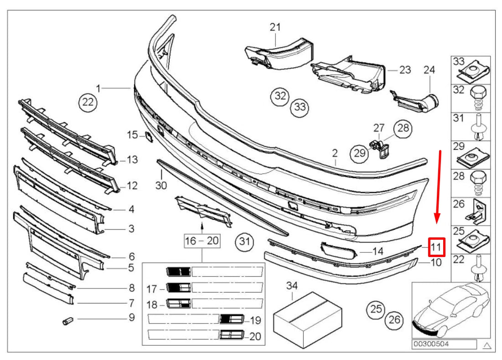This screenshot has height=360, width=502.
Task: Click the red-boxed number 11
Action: pos(436,247)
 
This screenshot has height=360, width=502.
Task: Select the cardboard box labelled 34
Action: pos(308,319)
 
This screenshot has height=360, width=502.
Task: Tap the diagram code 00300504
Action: pos(430,345)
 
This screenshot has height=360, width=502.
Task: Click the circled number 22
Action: pos(88,103)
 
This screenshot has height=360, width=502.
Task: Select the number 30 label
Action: pos(161,185)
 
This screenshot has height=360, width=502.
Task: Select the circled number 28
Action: pos(403,129)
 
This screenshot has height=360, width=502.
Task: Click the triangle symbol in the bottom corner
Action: pos(487,345)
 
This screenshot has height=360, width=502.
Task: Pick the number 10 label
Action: pos(435,262)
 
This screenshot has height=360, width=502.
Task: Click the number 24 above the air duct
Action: pos(429,70)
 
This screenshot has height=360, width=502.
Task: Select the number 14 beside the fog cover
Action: pos(378,251)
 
